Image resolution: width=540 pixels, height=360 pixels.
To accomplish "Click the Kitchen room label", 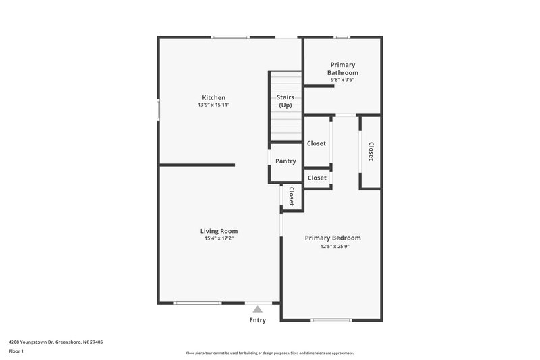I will coord(213,97).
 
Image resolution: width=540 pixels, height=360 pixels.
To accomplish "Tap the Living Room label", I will coord(219,231).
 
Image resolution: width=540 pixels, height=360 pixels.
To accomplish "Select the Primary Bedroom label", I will coord(333,238).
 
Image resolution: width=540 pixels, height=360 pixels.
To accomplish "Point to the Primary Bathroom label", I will coord(342,68).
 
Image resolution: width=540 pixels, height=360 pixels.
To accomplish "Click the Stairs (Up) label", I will coord(285,101).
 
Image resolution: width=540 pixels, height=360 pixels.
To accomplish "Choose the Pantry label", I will coord(286,161).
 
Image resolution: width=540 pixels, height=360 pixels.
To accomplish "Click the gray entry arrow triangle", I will coord(257,309).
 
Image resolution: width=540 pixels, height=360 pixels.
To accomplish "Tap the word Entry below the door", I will coord(258,320).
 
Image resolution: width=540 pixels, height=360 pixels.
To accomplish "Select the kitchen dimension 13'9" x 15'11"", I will coord(213,105).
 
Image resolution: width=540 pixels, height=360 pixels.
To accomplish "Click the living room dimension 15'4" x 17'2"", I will coord(219,238).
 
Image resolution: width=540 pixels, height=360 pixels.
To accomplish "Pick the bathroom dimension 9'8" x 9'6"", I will coord(342,80).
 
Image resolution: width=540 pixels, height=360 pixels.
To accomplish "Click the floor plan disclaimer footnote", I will coord(270,353).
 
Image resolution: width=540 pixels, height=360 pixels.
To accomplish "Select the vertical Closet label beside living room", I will coord(291,197).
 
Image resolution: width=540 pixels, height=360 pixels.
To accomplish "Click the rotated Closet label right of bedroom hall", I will coord(371,151).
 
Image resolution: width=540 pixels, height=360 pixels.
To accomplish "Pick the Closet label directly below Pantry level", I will coord(317,178).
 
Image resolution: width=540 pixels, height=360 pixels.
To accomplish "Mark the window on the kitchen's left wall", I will coord(159,109).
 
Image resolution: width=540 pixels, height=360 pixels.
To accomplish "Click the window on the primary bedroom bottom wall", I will coord(331,319).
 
